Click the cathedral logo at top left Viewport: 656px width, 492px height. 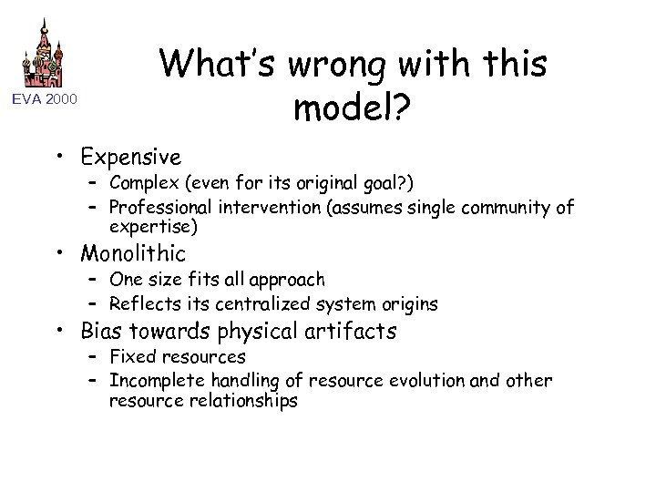[x=45, y=53]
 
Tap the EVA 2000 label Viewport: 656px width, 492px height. [x=45, y=98]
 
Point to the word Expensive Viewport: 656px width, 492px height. [x=130, y=157]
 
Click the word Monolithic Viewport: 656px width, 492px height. [x=133, y=252]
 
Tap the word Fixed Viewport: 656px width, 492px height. [x=131, y=356]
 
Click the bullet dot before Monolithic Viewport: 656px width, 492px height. [x=67, y=253]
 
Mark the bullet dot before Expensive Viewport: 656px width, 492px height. [x=67, y=158]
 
